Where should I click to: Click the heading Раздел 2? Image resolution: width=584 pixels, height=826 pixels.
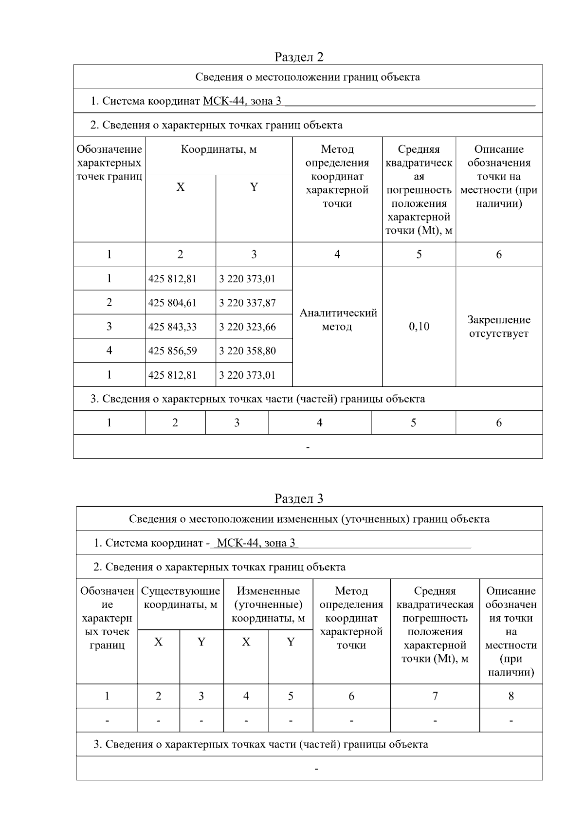coord(299,57)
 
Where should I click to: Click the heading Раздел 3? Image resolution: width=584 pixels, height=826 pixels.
coord(299,498)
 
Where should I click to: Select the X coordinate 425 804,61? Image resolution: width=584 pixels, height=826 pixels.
coord(172,303)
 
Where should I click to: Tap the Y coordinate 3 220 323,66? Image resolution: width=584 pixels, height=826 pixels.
coord(247,327)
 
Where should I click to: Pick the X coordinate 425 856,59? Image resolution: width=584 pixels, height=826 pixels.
coord(172,350)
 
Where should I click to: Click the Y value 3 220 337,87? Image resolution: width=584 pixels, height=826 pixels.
coord(247,303)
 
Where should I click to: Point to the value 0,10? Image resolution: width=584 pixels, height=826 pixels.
coord(419,326)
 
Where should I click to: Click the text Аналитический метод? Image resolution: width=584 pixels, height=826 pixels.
coord(338,320)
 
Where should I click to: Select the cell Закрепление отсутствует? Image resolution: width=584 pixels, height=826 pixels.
coord(499,327)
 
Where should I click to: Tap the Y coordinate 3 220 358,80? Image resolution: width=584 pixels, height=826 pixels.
coord(247,350)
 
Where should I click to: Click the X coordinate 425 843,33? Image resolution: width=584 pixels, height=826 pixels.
coord(172,327)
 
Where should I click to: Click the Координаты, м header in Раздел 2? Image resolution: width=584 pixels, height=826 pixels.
coord(219,149)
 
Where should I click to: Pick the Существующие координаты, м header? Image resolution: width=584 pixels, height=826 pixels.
coord(181,598)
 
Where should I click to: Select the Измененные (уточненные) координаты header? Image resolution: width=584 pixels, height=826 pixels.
coord(268,605)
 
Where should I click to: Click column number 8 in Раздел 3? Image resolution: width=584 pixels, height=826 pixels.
coord(511,696)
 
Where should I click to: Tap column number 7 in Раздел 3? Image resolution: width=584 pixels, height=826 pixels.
coord(435,696)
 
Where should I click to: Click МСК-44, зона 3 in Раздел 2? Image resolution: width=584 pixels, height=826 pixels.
coord(242,101)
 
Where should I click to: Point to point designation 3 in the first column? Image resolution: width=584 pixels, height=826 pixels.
coord(109,326)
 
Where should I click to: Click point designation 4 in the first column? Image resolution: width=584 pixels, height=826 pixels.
coord(109,350)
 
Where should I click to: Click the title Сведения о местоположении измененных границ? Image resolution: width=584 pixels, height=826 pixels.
coord(309,519)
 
